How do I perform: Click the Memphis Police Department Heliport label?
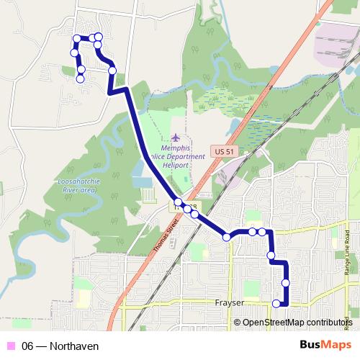click(177, 155)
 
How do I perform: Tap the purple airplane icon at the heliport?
click(177, 137)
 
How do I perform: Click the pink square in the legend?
click(10, 346)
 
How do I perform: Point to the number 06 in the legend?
click(28, 346)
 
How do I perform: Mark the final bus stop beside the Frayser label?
click(276, 304)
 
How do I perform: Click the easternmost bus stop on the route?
click(286, 283)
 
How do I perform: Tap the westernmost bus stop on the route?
click(74, 52)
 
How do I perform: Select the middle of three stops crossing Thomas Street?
click(186, 209)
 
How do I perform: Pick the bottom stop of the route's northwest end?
click(81, 78)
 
